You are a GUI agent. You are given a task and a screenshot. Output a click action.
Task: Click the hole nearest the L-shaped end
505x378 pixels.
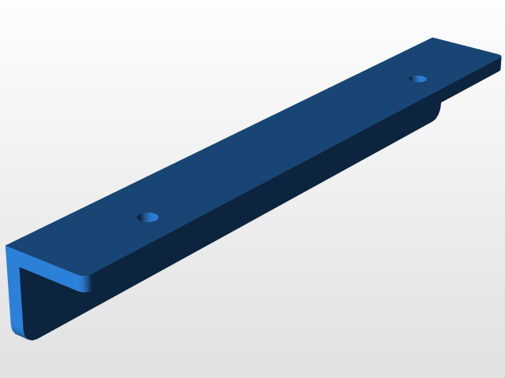tap(148, 217)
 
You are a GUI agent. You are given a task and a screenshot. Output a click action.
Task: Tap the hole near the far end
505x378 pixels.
tap(418, 79)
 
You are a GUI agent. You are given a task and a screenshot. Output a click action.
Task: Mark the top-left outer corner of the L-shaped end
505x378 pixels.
tap(6, 247)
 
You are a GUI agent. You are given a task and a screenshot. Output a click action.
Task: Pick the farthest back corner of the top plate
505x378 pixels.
tap(432, 38)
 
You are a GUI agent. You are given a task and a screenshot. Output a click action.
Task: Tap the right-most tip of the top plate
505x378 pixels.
tap(502, 60)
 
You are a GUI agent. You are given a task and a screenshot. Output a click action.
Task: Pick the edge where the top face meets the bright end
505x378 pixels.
tap(47, 261)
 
